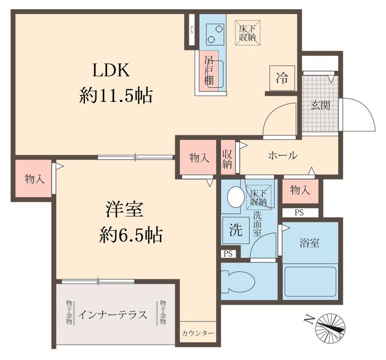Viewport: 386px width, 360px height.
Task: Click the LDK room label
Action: [x=111, y=71]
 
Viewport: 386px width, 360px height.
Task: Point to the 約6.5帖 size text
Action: [x=131, y=235]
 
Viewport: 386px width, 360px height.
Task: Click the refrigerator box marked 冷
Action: [x=281, y=78]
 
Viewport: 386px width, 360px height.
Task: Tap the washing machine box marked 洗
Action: [x=235, y=231]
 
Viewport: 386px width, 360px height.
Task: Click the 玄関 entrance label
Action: [x=320, y=105]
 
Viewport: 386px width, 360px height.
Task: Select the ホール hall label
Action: [x=282, y=156]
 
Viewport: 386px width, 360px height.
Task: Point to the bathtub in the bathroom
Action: [x=310, y=281]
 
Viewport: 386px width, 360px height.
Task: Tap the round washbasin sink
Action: [x=235, y=196]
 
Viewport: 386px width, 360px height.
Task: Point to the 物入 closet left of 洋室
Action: [x=34, y=179]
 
